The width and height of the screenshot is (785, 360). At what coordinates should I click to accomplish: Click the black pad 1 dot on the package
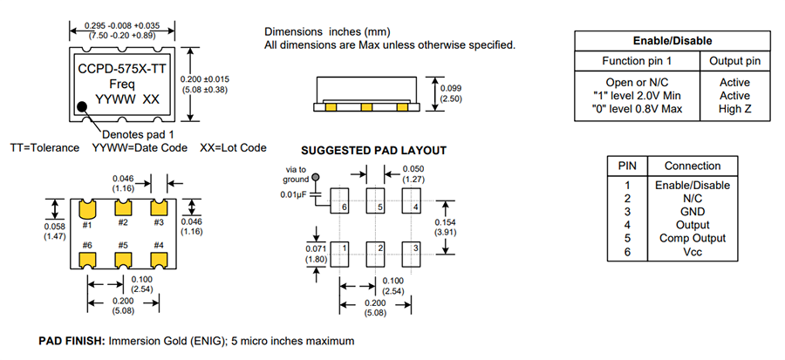click(x=83, y=106)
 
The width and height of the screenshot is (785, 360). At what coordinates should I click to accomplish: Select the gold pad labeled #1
click(x=87, y=209)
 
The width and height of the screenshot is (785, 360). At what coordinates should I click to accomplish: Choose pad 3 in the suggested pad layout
click(x=412, y=252)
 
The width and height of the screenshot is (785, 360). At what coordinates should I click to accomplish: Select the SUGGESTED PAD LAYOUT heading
click(x=372, y=151)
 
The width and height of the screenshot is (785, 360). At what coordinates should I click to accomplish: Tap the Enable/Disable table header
click(x=672, y=41)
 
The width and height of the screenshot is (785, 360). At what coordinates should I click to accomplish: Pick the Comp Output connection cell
click(x=692, y=237)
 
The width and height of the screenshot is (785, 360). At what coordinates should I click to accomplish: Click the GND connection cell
click(x=692, y=211)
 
